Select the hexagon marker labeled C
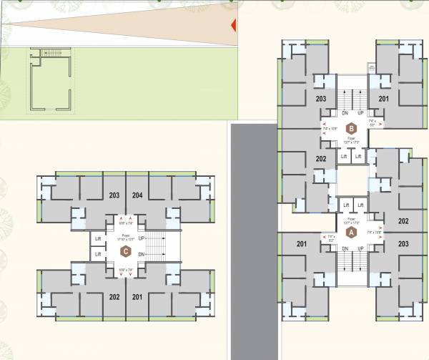(x=126, y=250)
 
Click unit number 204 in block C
(x=137, y=195)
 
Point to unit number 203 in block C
(x=114, y=195)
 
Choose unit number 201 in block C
(x=137, y=296)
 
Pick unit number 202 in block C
(x=114, y=296)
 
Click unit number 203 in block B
(x=320, y=99)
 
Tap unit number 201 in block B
(x=384, y=99)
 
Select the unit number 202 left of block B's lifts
(x=320, y=158)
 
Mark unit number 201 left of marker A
(x=300, y=244)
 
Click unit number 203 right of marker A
(x=404, y=244)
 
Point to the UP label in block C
(x=142, y=238)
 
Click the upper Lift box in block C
(x=98, y=238)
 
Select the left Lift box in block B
(x=344, y=155)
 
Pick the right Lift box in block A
(x=360, y=205)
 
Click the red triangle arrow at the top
(x=232, y=26)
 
